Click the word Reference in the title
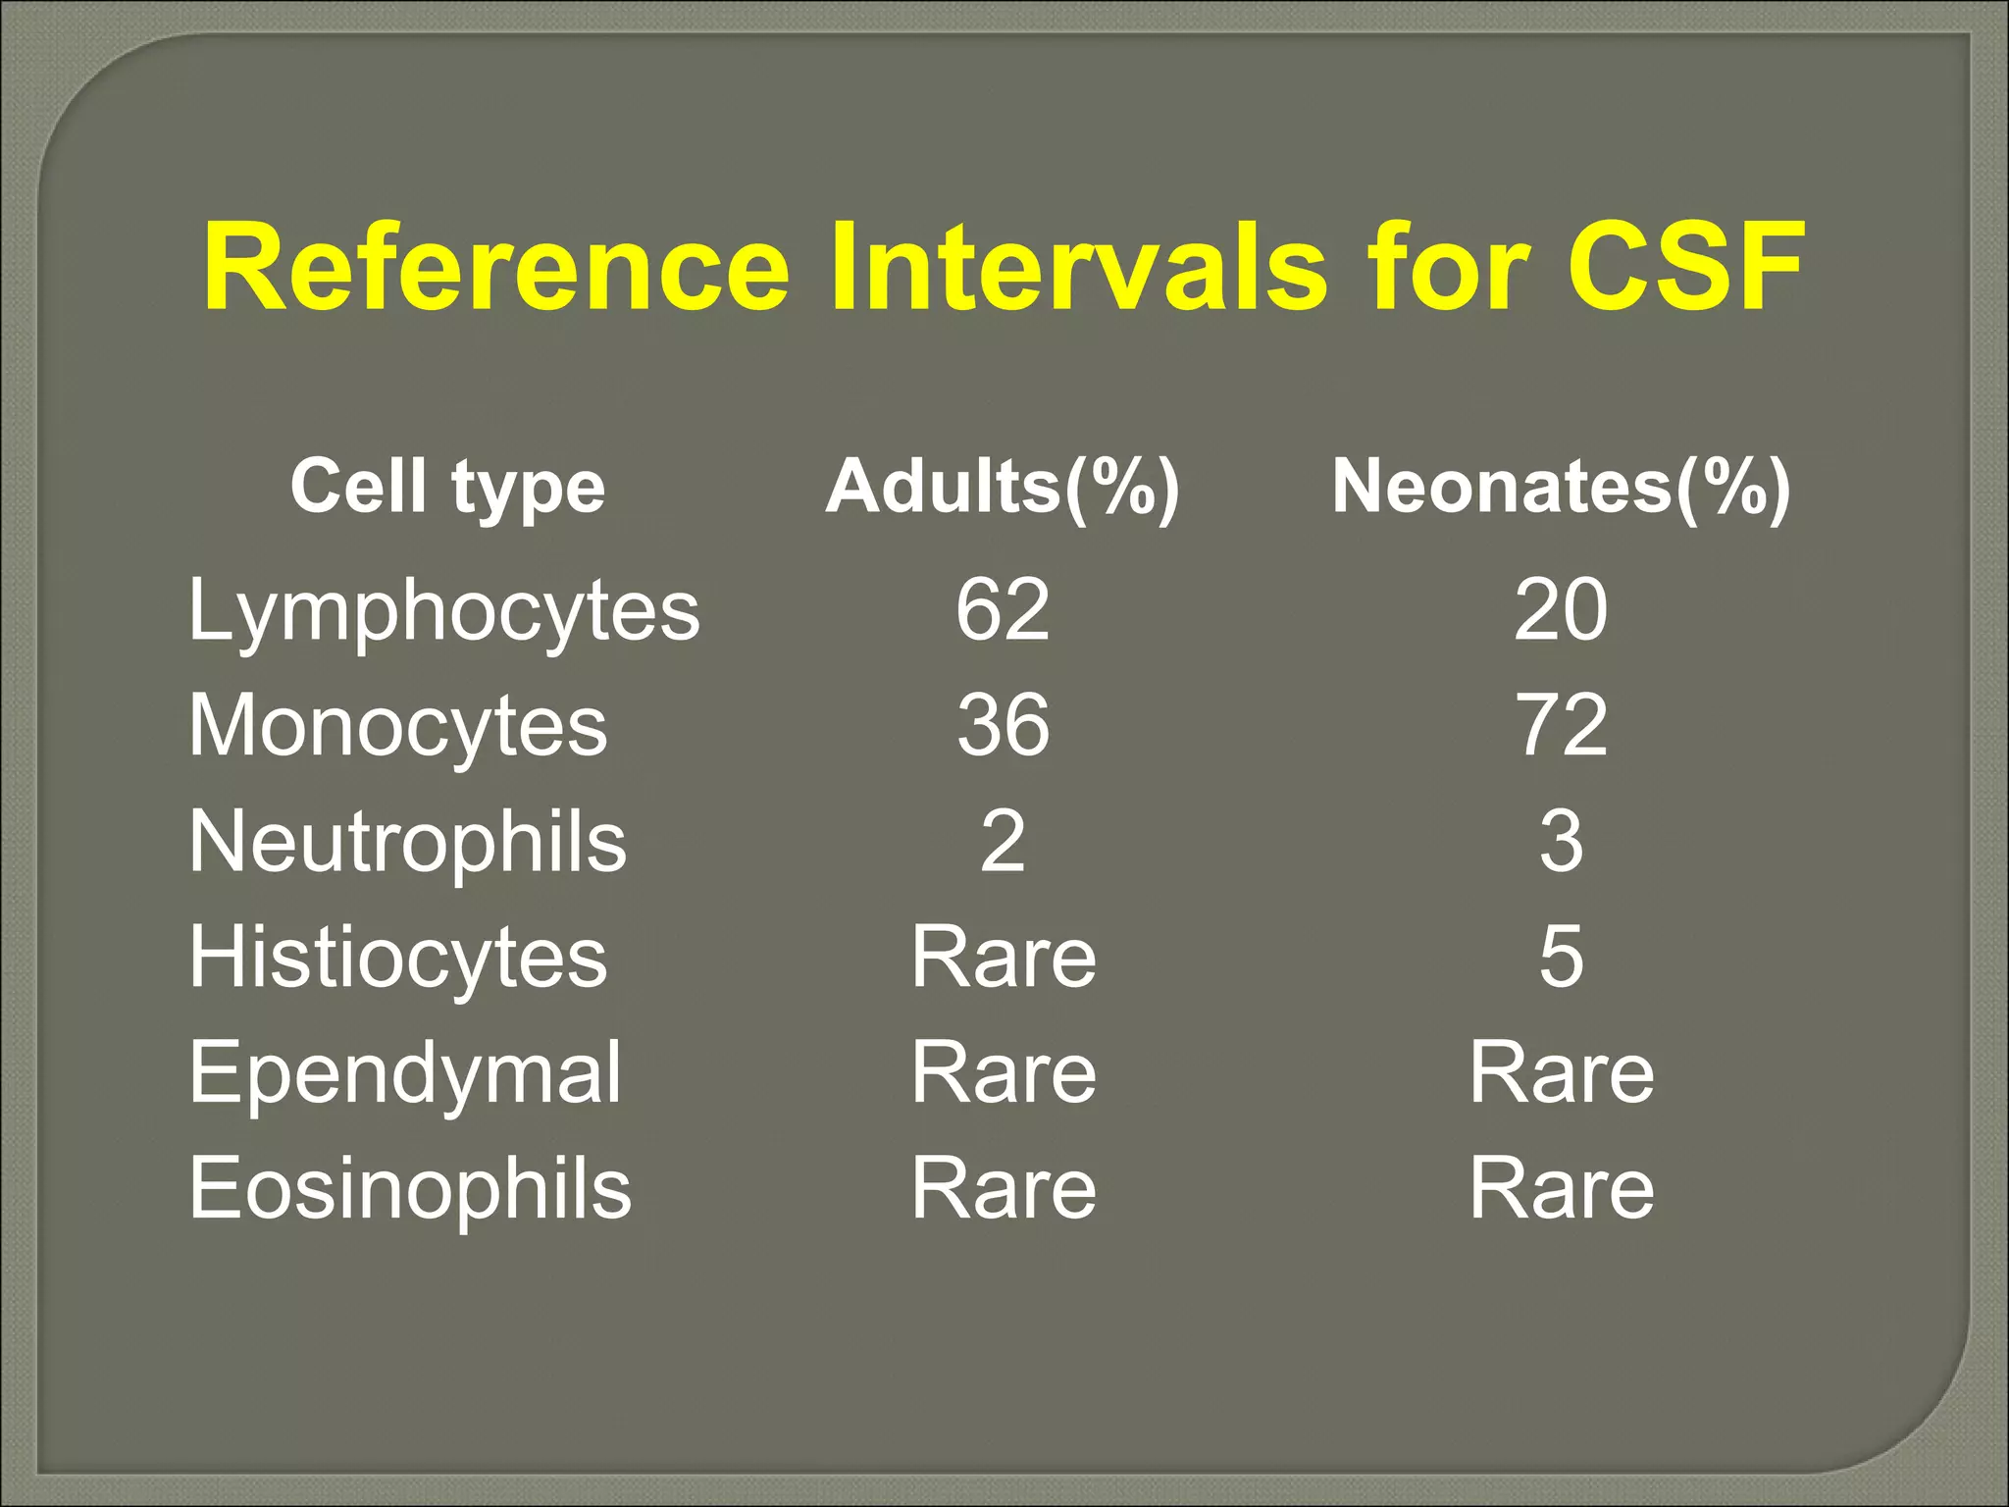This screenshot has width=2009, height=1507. coord(496,268)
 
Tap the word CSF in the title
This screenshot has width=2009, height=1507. coord(1685,268)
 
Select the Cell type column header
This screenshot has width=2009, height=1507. coord(447,487)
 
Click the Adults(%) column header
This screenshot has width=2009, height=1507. coord(1003,487)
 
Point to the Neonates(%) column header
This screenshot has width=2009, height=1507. coord(1561,487)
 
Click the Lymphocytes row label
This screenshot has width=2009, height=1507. coord(443,611)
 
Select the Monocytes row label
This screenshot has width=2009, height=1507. coord(398,726)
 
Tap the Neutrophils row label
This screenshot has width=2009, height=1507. coord(407,842)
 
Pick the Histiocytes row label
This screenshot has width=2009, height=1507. coord(398,958)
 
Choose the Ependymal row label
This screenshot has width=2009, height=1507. coord(405,1073)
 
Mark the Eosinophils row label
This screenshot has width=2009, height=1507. coord(410,1189)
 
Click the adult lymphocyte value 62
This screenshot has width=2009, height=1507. coord(1003,610)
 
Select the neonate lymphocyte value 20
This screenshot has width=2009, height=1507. coord(1561,610)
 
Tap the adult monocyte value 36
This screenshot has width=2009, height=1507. coord(1003,726)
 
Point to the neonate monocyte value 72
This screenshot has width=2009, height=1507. coord(1561,726)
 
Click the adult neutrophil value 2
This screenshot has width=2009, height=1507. coord(1003,842)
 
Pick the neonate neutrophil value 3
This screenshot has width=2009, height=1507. coord(1561,842)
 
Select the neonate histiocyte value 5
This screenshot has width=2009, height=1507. coord(1561,958)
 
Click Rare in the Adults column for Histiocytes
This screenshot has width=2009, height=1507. coord(1003,958)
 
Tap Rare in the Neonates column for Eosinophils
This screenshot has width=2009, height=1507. coord(1561,1189)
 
